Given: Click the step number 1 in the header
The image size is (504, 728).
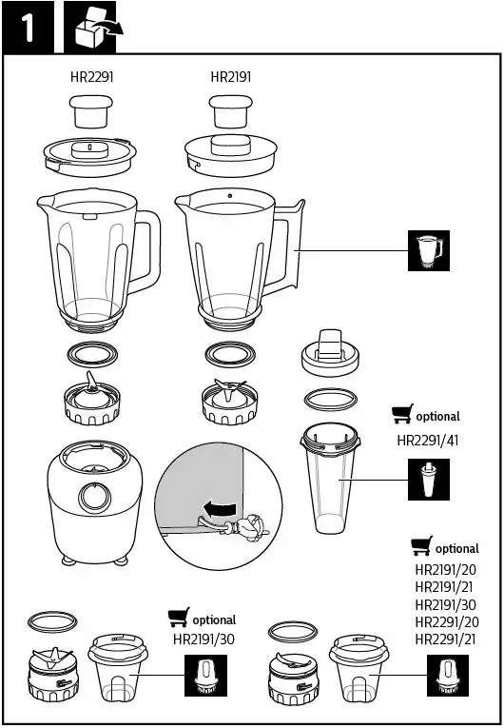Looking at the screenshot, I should (x=29, y=28).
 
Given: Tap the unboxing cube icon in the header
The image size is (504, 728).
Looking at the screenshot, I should (x=97, y=28).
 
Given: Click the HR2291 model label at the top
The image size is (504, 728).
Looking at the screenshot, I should (x=92, y=76).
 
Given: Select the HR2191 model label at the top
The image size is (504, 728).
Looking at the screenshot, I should (x=230, y=76).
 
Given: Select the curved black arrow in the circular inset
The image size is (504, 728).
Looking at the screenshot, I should (x=219, y=509).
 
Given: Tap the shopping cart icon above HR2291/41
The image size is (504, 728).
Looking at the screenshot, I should (x=403, y=415).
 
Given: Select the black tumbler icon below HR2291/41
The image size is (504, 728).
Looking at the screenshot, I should (x=429, y=479).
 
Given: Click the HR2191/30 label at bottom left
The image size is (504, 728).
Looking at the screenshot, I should (x=204, y=639).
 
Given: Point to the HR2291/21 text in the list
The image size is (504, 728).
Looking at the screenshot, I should (x=445, y=639).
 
